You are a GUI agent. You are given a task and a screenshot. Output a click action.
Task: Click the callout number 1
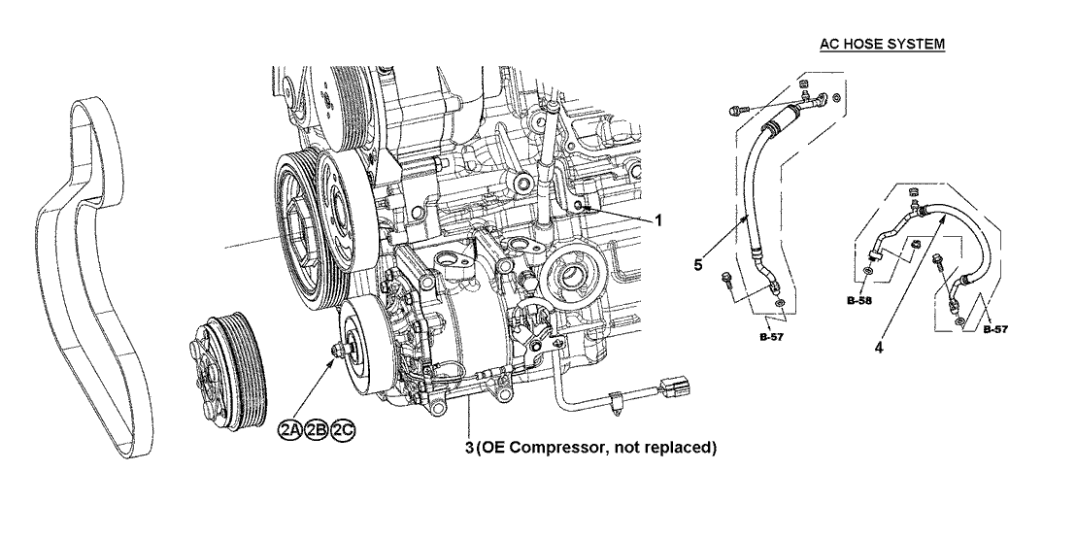(657, 220)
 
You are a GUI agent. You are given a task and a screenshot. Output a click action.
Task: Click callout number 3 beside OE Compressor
(469, 448)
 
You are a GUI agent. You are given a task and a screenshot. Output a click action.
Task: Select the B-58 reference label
(857, 301)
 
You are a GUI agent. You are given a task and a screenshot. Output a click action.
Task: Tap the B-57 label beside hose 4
(992, 330)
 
